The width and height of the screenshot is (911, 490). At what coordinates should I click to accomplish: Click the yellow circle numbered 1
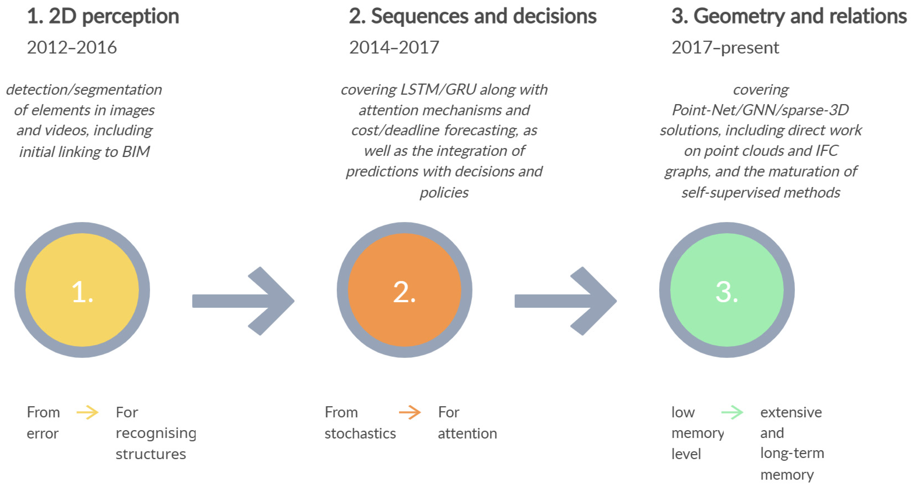click(x=82, y=290)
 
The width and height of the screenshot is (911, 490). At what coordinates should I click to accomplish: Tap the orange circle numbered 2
click(x=404, y=290)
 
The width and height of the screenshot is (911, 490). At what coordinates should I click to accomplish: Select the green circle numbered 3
click(x=727, y=290)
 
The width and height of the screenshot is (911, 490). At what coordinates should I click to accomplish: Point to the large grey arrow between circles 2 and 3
click(x=566, y=301)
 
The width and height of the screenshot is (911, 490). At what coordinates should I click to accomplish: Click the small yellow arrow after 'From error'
click(x=87, y=412)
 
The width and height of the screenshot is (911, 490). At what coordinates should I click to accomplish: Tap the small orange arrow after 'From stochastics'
click(x=409, y=412)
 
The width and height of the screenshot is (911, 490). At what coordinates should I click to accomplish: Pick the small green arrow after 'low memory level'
click(x=732, y=412)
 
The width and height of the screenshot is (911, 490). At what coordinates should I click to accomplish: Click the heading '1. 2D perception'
click(x=103, y=17)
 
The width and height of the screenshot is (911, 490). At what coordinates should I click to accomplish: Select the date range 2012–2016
click(x=72, y=47)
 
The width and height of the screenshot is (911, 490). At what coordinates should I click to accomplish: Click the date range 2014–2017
click(x=394, y=47)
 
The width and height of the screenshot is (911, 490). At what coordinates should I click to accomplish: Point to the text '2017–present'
click(x=725, y=47)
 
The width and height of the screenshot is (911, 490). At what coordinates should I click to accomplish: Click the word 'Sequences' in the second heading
click(x=419, y=17)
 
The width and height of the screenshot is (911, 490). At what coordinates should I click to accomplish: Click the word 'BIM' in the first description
click(x=136, y=152)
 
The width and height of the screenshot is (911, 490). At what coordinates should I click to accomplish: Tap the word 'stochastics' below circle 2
click(x=360, y=433)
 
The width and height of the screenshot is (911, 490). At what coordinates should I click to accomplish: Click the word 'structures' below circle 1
click(x=151, y=454)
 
